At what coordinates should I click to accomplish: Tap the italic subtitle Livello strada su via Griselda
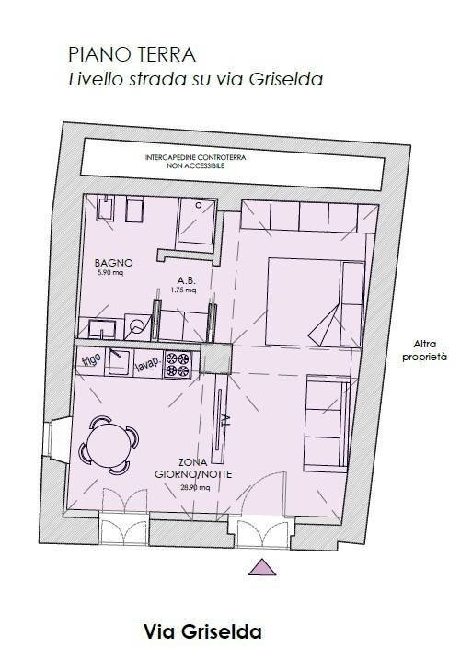click(x=195, y=80)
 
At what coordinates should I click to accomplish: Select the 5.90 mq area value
click(x=109, y=272)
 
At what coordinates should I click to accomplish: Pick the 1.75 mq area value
click(x=183, y=291)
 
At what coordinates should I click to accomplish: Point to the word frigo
click(x=91, y=359)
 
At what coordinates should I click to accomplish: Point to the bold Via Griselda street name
click(x=202, y=632)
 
